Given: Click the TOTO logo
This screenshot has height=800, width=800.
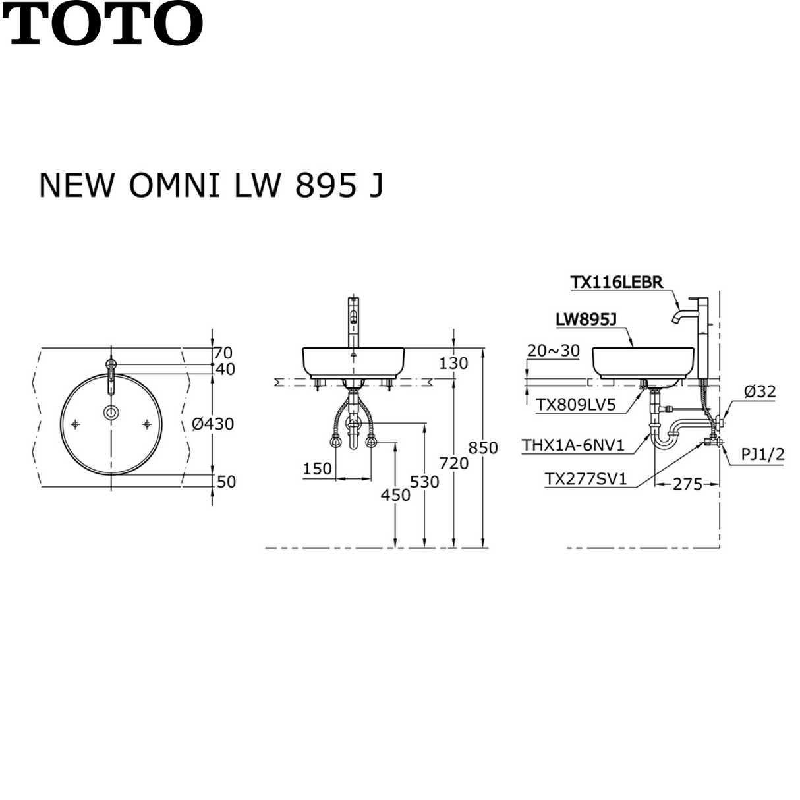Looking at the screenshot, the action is [103, 23].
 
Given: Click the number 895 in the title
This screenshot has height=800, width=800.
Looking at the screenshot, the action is [326, 185].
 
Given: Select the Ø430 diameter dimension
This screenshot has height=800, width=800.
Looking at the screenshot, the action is [213, 424].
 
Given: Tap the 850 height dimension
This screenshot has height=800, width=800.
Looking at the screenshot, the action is [483, 448].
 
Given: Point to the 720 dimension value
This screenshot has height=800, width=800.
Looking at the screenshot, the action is [454, 463].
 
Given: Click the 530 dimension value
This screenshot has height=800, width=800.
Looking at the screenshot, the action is [424, 482].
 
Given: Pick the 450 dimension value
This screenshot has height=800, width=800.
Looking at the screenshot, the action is [395, 495].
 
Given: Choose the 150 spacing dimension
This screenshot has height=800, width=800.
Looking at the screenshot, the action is [317, 469].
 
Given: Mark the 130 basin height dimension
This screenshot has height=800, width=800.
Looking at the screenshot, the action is [453, 363].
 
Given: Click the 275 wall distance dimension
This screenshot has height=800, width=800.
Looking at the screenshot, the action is [687, 484].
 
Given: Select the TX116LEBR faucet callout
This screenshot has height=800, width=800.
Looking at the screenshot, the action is [617, 282].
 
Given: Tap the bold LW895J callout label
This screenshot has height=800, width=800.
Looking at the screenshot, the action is [586, 319].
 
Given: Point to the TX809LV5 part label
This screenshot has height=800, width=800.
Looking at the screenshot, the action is [576, 405].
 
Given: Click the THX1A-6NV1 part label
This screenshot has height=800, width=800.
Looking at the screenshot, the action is [573, 445].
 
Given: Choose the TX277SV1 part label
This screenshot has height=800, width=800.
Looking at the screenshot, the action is [586, 480].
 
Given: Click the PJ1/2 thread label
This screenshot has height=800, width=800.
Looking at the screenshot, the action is [763, 455].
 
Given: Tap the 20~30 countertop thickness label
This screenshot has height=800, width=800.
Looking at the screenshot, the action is [554, 351].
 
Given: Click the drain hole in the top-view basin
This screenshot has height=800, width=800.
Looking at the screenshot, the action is [111, 413].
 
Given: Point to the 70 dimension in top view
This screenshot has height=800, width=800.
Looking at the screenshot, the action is [223, 353].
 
